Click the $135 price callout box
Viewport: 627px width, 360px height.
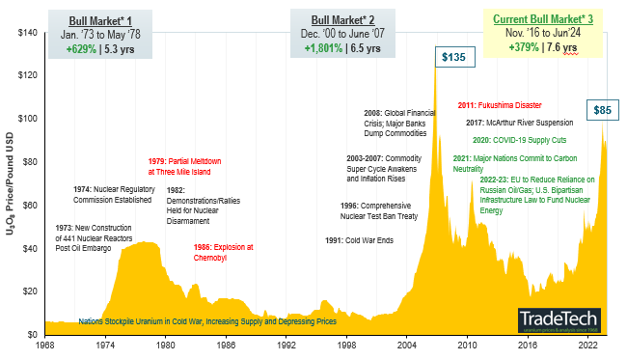click(452, 58)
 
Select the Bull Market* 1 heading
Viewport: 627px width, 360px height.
click(97, 19)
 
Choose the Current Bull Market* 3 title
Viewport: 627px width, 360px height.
click(544, 19)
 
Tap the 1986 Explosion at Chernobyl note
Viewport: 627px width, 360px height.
click(224, 252)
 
